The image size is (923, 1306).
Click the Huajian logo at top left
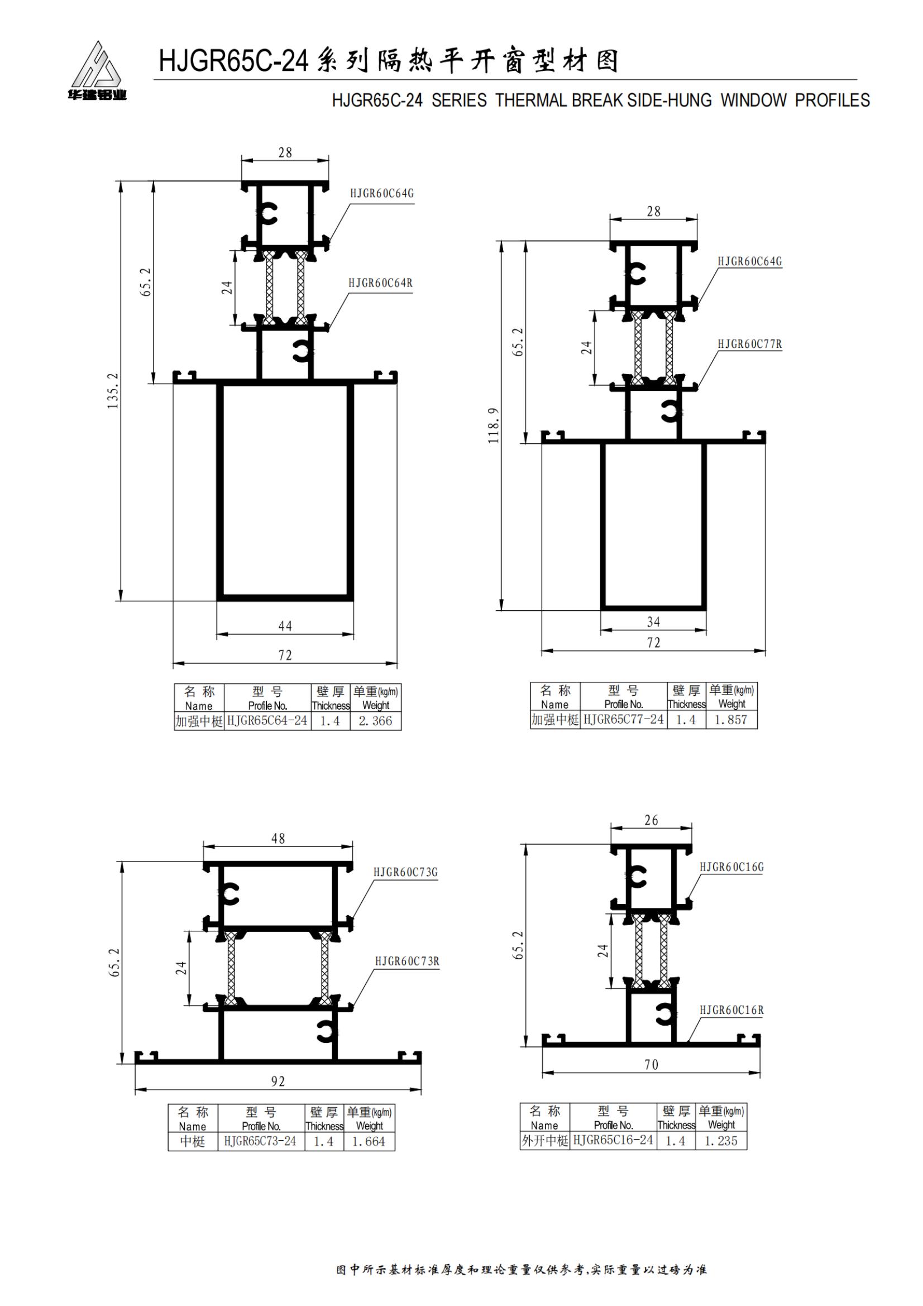point(96,70)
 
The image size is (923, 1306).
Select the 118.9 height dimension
point(493,425)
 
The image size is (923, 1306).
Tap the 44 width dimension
point(285,626)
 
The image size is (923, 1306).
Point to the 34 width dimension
point(653,622)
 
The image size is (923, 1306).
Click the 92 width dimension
point(278,1082)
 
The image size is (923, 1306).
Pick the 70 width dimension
point(651,1064)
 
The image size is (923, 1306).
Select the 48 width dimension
point(278,839)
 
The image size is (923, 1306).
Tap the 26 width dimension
point(651,820)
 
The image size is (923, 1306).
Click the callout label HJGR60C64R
point(380,283)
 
